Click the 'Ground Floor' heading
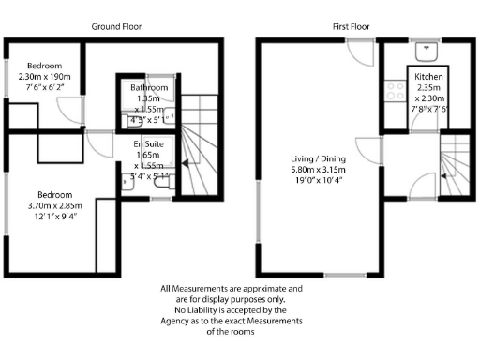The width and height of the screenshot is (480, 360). point(117,27)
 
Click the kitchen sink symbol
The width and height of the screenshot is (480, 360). point(427,48)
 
